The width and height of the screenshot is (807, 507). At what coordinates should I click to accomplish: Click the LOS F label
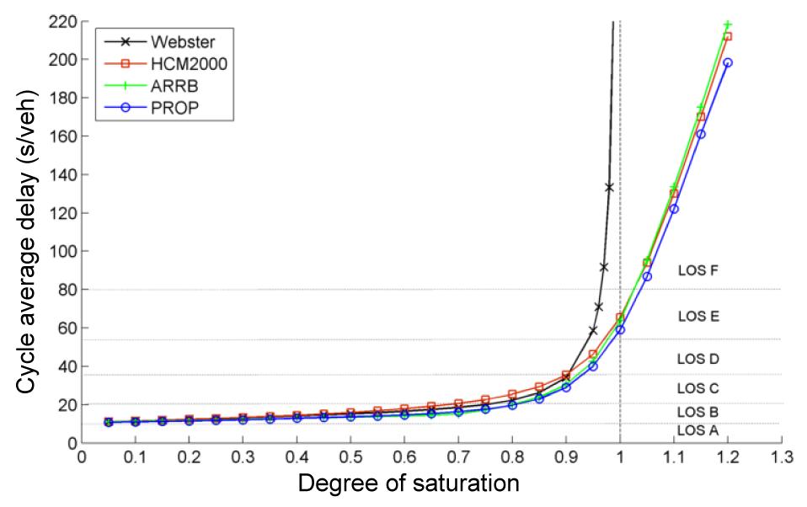[697, 271]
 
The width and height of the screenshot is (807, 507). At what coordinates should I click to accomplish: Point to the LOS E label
[697, 317]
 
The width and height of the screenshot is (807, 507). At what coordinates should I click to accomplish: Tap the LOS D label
[697, 359]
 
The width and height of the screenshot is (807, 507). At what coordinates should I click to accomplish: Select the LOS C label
[697, 388]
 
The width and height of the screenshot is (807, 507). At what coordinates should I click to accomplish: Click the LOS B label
[697, 412]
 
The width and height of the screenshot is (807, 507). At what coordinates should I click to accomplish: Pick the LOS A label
[697, 430]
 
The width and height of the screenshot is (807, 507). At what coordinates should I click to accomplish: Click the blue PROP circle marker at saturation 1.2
[728, 62]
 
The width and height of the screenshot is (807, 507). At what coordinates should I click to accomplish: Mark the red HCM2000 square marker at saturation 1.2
[728, 36]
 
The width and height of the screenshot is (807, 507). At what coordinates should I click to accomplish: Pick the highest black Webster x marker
[609, 187]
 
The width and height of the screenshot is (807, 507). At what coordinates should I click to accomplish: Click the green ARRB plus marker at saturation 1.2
[728, 24]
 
